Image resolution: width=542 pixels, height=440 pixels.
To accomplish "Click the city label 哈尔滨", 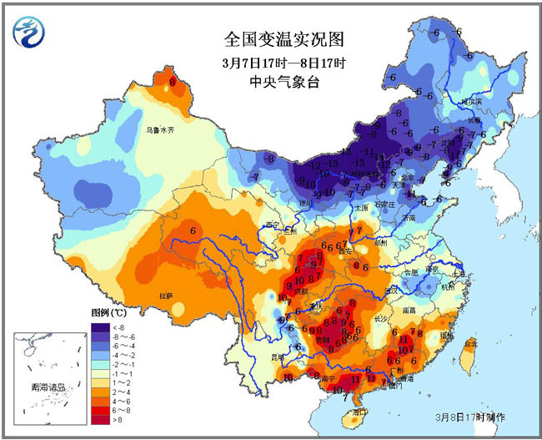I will tap(472, 103).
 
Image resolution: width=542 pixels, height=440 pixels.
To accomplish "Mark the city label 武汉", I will tap(392, 290).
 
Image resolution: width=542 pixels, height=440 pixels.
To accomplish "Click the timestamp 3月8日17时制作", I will tap(470, 416).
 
